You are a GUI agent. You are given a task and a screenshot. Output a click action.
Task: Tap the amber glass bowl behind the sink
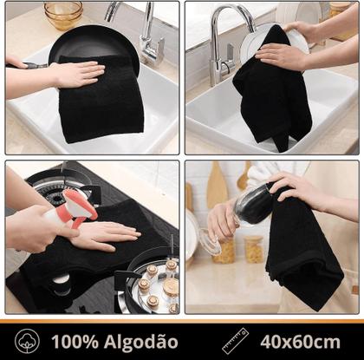(x=62, y=13)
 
